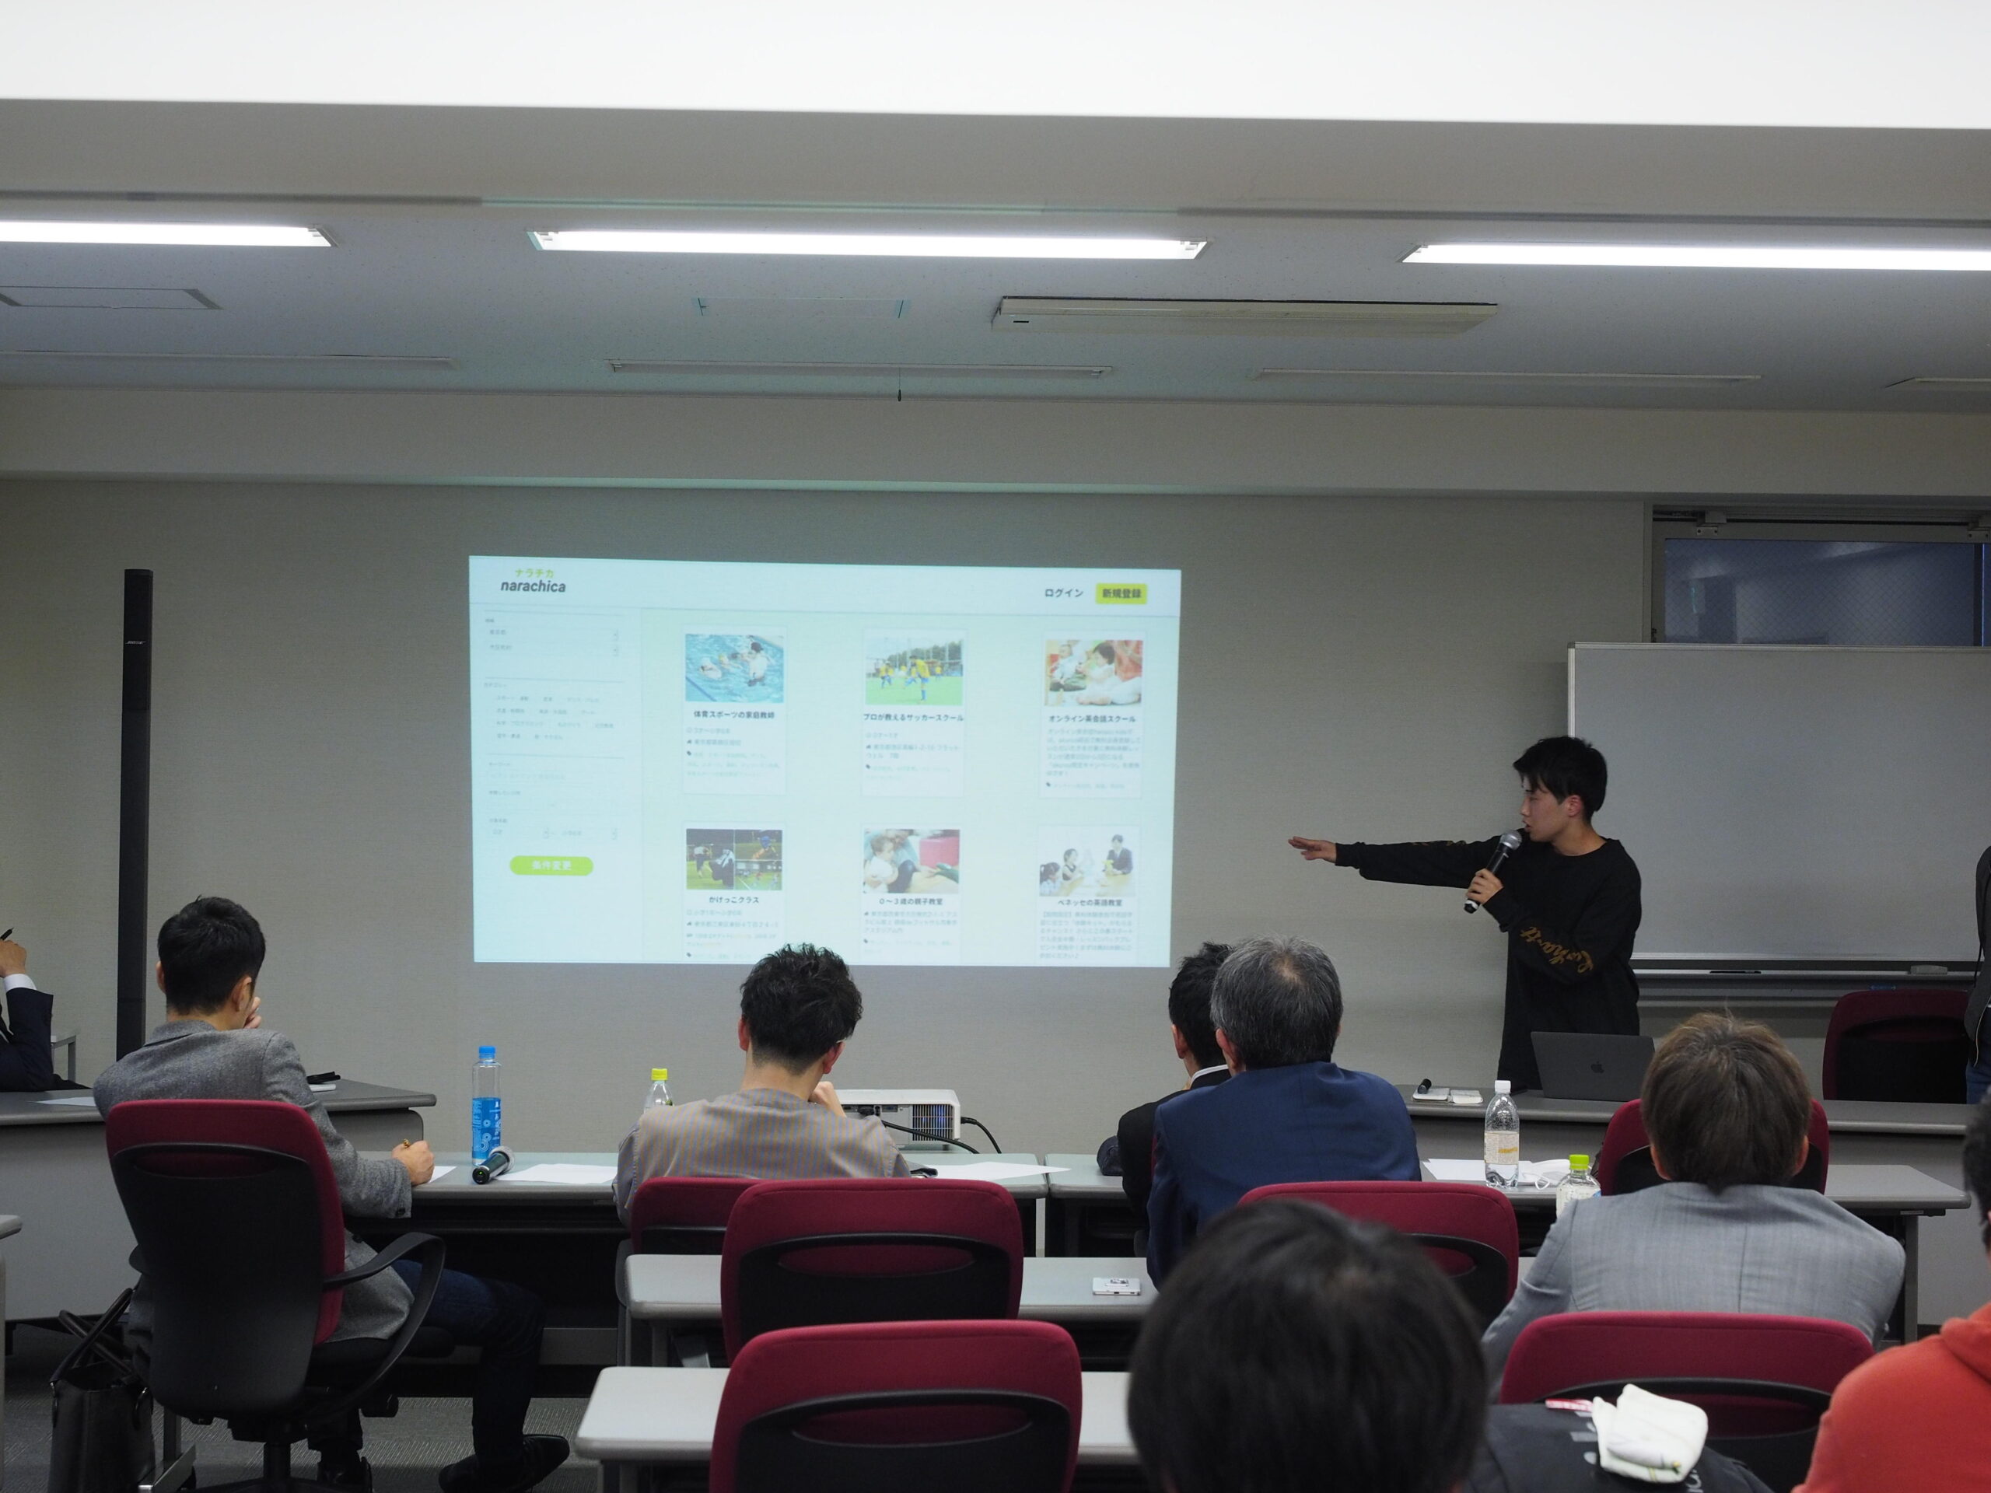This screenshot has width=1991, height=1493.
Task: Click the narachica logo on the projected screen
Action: [x=534, y=580]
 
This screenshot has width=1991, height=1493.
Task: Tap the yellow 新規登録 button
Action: [x=1121, y=593]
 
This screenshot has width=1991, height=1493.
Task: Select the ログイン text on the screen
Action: [x=1063, y=593]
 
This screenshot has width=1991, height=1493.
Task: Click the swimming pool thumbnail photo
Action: [x=733, y=667]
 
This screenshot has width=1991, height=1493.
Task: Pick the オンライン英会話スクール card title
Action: [x=1092, y=719]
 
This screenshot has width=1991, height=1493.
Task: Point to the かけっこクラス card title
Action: [x=733, y=899]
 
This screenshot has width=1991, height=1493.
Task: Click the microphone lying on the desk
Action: [x=492, y=1166]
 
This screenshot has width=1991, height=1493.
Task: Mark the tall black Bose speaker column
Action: [x=136, y=810]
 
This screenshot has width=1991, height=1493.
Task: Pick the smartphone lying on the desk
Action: [x=1116, y=1286]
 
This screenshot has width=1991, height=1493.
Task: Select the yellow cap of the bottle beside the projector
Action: [x=659, y=1075]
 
